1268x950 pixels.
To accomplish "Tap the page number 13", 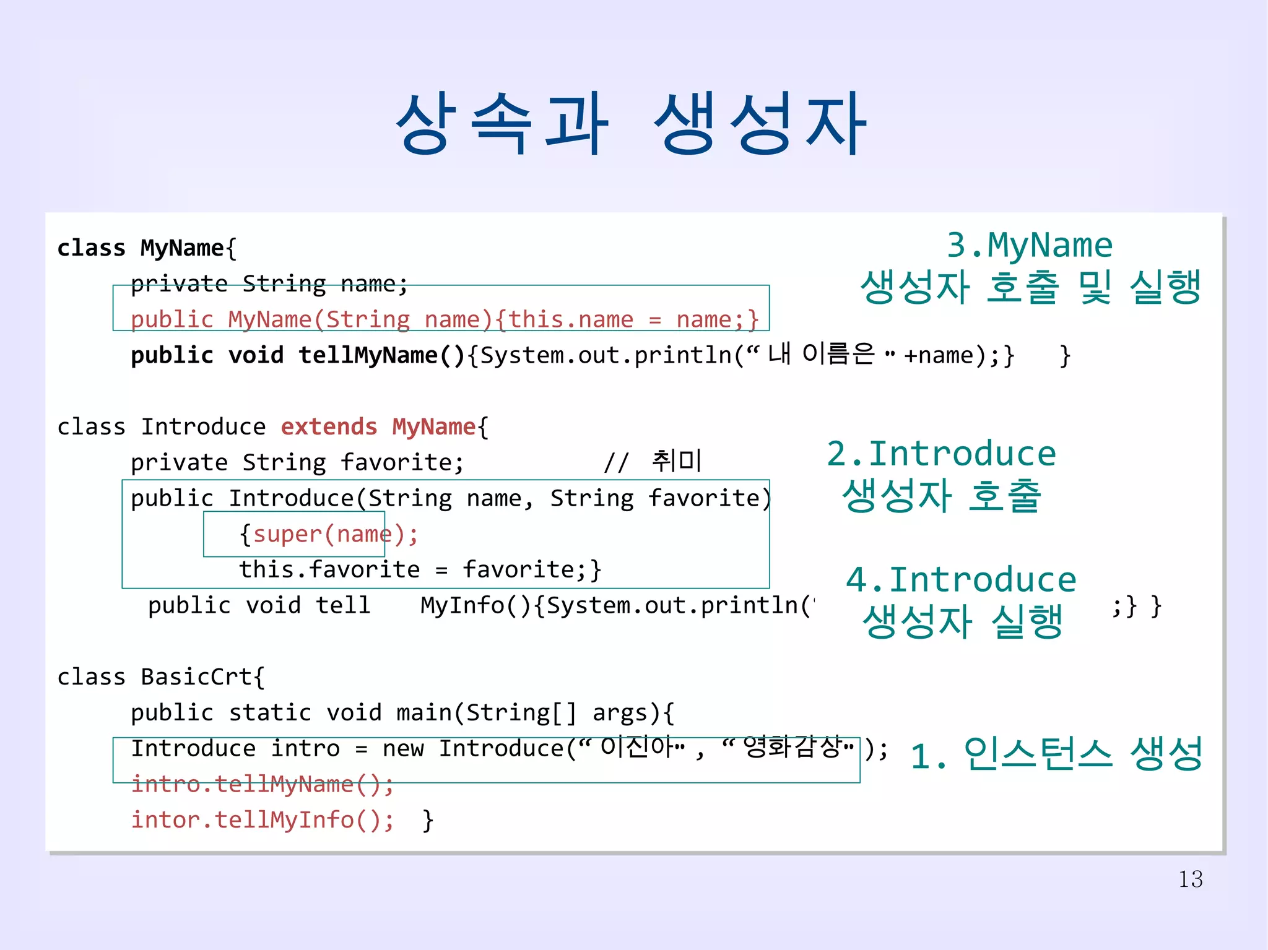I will (x=1190, y=879).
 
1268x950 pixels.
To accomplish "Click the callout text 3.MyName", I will (x=1029, y=245).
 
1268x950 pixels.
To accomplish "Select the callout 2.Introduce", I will (x=941, y=454).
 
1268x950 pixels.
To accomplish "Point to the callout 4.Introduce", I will (x=961, y=580).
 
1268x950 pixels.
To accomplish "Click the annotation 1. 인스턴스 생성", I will (x=1056, y=754).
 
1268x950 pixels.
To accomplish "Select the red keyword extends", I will (x=329, y=427).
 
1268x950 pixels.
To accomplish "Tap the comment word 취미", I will (x=676, y=461).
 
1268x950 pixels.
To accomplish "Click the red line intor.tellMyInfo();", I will (x=263, y=820).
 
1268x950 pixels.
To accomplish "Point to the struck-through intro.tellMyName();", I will (x=263, y=784).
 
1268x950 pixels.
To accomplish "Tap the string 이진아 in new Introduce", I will (x=636, y=747).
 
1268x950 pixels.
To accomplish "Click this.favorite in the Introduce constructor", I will (x=329, y=569).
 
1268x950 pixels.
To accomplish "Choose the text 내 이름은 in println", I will (x=821, y=354).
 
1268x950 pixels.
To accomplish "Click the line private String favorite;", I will (x=297, y=463).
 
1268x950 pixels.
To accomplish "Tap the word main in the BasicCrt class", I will (x=424, y=713).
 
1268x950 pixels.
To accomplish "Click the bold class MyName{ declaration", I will (x=147, y=248).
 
